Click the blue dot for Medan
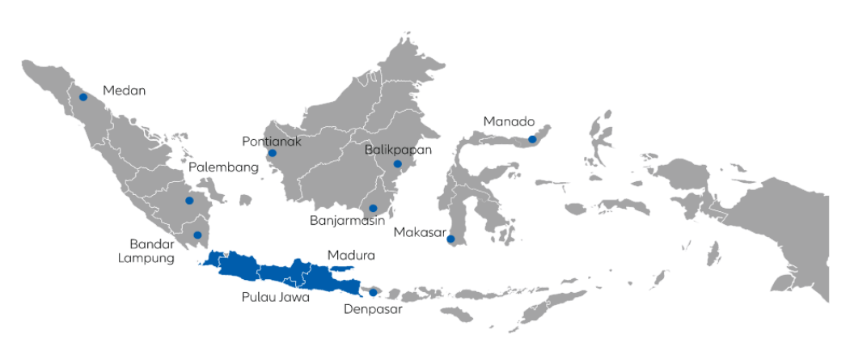point(83,97)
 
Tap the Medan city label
point(124,91)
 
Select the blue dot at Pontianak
point(272,153)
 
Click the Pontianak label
point(272,142)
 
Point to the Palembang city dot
point(189,201)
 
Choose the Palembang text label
point(223,168)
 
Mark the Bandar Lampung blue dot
point(197,235)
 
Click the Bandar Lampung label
point(152,251)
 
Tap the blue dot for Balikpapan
point(398,164)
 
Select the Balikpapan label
point(398,150)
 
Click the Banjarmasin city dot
point(373,208)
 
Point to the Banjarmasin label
point(346,220)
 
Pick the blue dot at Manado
point(532,139)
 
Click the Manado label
point(510,122)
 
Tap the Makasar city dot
point(450,239)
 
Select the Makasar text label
point(420,233)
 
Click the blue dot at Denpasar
point(373,292)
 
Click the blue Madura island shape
point(343,269)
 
